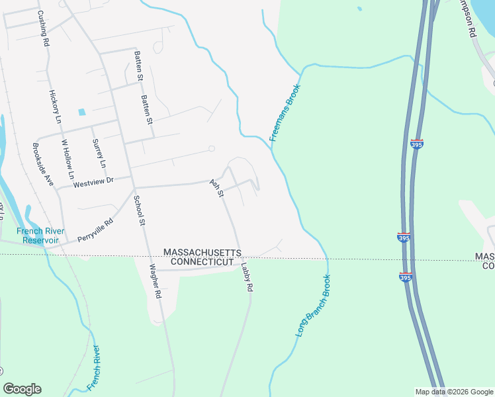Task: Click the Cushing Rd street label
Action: point(43,28)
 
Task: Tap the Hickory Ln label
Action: point(55,107)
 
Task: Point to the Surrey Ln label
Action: point(99,153)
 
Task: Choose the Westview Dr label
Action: point(93,181)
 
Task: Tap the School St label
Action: point(139,210)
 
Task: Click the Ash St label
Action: point(217,188)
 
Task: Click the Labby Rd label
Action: point(247,278)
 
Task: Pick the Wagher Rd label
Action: point(155,281)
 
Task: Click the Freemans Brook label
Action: point(285,112)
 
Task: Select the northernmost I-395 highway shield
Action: point(416,144)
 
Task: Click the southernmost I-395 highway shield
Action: point(406,277)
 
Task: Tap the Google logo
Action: point(22,389)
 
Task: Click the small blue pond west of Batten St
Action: point(82,112)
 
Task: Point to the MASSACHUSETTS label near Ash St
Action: point(202,253)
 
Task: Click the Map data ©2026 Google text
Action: point(453,391)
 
